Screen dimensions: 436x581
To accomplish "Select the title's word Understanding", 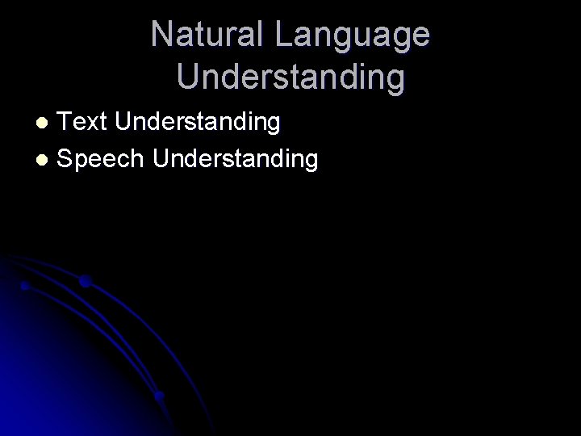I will tap(290, 78).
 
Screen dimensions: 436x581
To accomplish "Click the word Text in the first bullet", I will tap(85, 122).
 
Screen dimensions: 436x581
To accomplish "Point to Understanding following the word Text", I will tap(198, 124).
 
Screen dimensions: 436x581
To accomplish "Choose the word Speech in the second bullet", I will tap(102, 159).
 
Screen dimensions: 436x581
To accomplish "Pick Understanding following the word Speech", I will tap(236, 160).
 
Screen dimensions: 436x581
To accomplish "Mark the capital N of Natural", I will tap(161, 36).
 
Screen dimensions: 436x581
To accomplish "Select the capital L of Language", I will tap(282, 36).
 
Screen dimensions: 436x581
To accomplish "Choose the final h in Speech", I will tap(138, 158).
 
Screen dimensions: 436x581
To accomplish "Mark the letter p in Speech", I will tap(84, 161).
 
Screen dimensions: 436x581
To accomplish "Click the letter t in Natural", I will tap(199, 36).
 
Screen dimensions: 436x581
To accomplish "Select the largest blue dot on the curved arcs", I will tap(84, 282).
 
